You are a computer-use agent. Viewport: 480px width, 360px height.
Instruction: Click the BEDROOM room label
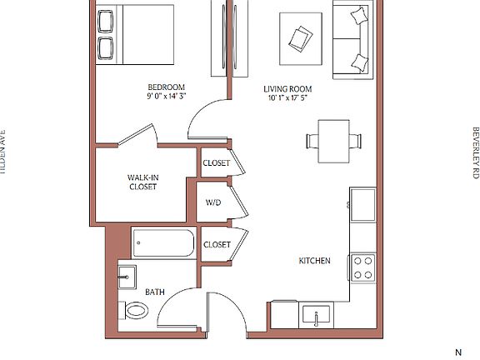pos(166,87)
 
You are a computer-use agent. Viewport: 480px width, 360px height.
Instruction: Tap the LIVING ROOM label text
pos(287,89)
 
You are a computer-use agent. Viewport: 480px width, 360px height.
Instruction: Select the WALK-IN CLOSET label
pos(142,182)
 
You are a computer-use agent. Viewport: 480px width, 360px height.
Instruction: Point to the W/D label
pos(213,202)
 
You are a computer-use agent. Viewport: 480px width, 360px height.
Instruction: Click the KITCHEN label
pos(314,261)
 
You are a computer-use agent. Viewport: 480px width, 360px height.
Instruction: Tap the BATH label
pos(155,292)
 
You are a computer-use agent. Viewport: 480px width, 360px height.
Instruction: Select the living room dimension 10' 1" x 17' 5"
pos(287,99)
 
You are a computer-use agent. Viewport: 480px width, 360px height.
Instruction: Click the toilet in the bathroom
pos(135,311)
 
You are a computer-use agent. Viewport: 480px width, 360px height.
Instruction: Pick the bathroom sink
pos(127,276)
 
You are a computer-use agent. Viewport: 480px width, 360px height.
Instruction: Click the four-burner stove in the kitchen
pos(362,267)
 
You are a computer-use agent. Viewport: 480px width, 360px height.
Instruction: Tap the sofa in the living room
pos(352,40)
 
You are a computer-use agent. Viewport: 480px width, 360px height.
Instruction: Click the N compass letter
pos(457,352)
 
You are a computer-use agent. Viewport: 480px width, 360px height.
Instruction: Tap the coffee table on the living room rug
pos(300,37)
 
